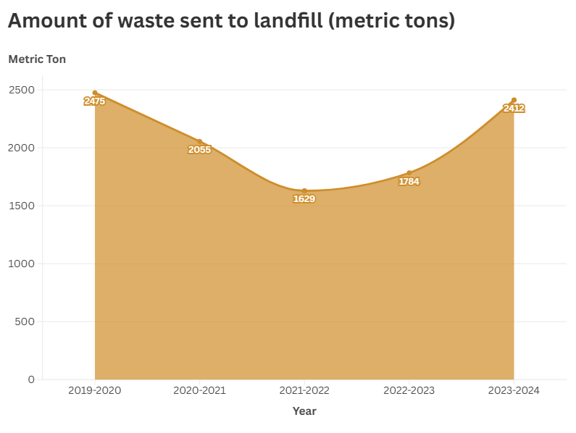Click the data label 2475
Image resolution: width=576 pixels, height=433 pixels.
pos(95,101)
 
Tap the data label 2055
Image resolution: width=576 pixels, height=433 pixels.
pos(199,150)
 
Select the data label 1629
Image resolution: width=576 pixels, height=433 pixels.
pos(304,199)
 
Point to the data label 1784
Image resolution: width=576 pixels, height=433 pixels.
pos(409,182)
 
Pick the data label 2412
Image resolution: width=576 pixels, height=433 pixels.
pos(514,109)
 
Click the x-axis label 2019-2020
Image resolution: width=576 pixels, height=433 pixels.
pos(95,390)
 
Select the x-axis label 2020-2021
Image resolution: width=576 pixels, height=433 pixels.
pos(199,390)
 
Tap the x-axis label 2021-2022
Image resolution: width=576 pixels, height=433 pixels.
pos(304,390)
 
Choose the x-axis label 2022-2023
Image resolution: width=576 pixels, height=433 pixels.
pos(409,390)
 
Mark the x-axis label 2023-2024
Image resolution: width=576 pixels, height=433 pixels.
pos(514,390)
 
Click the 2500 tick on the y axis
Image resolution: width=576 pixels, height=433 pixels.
pos(21,90)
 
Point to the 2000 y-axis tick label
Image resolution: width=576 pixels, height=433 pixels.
pos(21,148)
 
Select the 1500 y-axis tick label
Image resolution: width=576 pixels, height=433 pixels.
pos(21,206)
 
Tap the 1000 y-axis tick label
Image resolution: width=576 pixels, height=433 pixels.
pos(21,264)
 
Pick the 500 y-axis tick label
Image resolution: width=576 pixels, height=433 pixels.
pos(25,321)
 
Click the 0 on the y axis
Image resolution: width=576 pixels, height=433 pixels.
pos(31,379)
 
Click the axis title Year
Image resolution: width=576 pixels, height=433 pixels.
pos(304,411)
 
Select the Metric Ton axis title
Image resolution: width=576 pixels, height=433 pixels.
pos(37,59)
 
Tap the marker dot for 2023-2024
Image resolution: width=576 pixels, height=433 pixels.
pos(514,100)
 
